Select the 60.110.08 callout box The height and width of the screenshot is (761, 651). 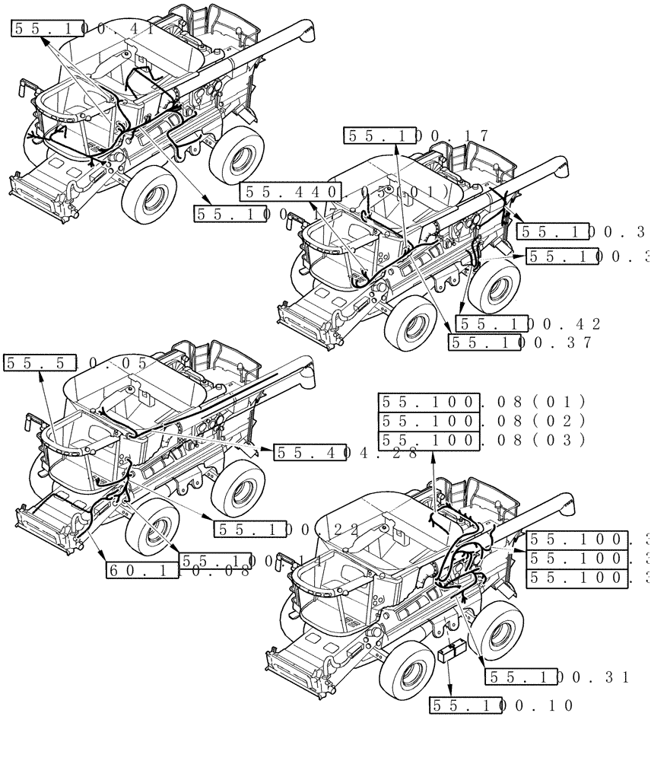(179, 569)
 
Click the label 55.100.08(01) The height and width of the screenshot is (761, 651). (482, 402)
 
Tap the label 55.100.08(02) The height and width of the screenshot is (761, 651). (482, 421)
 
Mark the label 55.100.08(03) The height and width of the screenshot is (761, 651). (482, 440)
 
